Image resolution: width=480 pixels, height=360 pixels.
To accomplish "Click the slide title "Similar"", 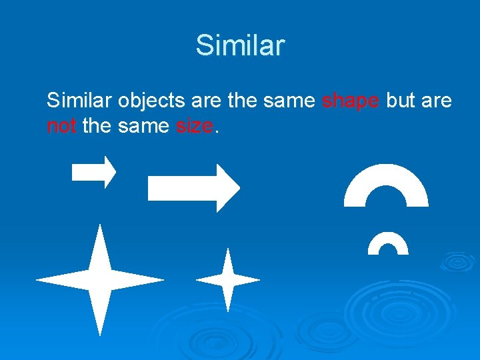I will click(x=240, y=45).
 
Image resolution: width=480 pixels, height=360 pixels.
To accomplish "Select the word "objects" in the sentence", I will click(x=151, y=101).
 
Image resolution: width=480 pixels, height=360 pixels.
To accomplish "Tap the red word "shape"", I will click(x=351, y=101).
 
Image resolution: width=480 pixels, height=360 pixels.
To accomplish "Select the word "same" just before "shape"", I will click(x=289, y=101).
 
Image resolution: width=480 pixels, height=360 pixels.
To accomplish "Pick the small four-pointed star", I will click(x=228, y=280).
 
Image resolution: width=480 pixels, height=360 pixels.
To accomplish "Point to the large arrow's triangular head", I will click(x=228, y=188).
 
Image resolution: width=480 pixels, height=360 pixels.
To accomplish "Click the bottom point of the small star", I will click(x=228, y=305).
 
